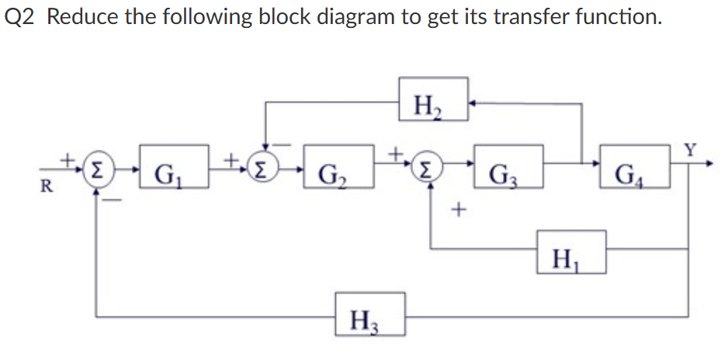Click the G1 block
coord(175,167)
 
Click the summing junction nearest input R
coord(98,168)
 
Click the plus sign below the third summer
coord(461,209)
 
